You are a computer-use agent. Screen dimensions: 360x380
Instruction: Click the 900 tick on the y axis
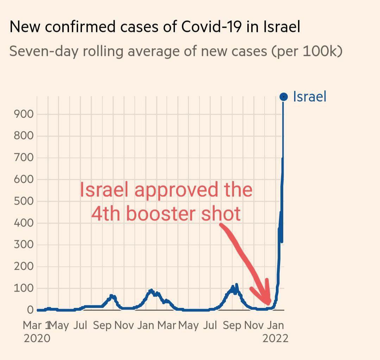pos(24,114)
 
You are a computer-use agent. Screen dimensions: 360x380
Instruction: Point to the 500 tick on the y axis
pos(24,201)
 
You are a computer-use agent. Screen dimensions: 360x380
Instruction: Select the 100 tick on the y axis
pos(24,288)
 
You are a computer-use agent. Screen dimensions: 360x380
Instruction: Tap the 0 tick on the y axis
pos(30,310)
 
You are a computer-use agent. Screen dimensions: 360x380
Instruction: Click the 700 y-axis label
pos(24,157)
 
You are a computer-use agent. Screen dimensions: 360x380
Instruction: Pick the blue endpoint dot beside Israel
pos(283,97)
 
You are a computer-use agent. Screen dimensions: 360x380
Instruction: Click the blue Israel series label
pos(310,97)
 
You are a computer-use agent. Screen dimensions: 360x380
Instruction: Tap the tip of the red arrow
pos(269,304)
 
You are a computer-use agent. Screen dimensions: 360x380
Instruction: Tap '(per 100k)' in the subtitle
pos(307,51)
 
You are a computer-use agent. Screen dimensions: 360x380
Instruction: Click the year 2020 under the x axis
pos(37,339)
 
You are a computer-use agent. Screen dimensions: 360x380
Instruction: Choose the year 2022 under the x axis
pos(275,339)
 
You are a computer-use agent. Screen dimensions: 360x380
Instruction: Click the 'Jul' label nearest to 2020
pos(81,325)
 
